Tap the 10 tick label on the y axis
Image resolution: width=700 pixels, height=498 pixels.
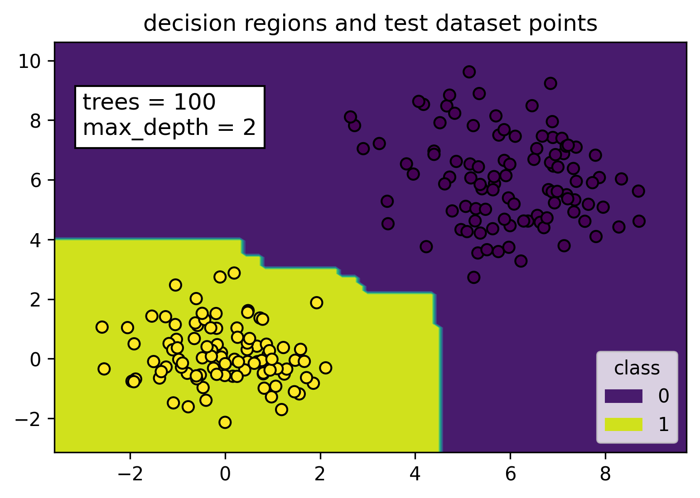[30, 61]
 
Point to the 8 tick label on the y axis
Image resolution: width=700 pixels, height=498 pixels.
[36, 120]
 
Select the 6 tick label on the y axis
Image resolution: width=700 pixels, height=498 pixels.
[36, 180]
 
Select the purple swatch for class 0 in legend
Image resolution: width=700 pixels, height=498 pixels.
[623, 396]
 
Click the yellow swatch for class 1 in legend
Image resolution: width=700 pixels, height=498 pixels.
[623, 424]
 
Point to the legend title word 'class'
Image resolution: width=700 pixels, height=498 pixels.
[637, 369]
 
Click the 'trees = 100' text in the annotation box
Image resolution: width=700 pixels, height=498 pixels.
[149, 102]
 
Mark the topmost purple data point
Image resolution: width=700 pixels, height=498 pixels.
[469, 72]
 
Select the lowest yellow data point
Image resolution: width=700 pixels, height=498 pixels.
[225, 422]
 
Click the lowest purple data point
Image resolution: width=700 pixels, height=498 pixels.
[473, 277]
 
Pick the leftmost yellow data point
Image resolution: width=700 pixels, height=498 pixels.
[102, 327]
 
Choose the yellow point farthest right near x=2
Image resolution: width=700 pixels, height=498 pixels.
[325, 368]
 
